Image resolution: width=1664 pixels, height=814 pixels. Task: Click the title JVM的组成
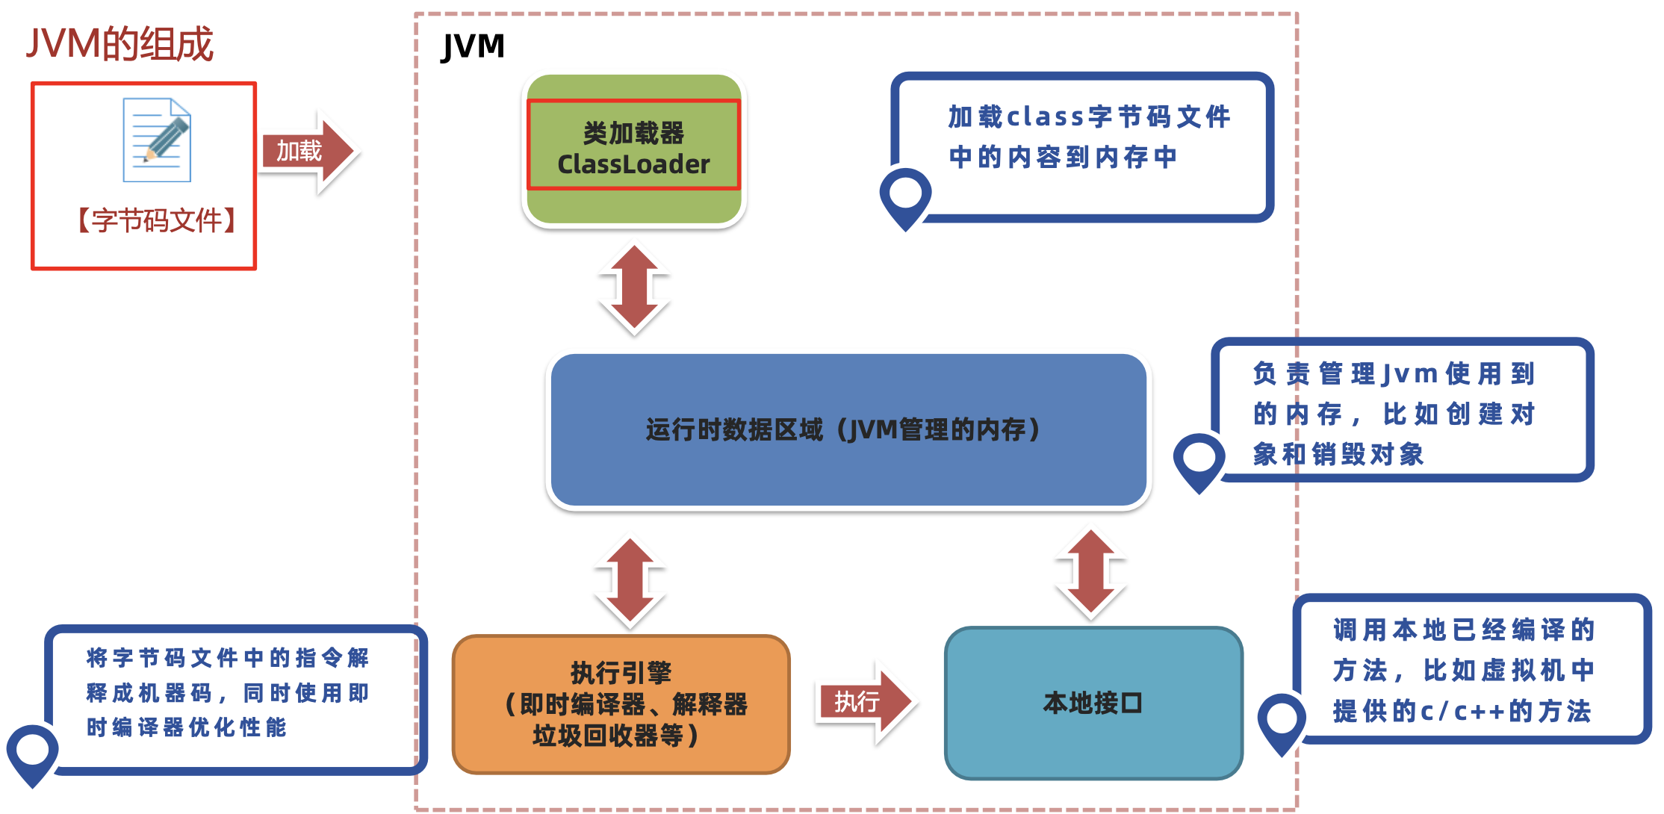[x=119, y=43]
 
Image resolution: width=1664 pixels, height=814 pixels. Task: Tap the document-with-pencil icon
[x=157, y=140]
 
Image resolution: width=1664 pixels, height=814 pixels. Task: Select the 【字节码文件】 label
[x=157, y=220]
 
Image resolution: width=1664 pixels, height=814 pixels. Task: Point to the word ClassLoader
[x=633, y=164]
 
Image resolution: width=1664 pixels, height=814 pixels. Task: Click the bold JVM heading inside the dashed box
[x=473, y=46]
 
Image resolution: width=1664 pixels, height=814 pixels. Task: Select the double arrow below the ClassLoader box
[x=634, y=289]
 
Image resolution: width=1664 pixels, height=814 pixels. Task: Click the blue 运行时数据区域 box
[x=848, y=430]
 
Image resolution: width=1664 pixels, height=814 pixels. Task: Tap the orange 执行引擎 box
[x=621, y=704]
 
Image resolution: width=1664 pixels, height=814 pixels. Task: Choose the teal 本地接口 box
[x=1093, y=703]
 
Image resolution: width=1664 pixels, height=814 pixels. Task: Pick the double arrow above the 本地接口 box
[x=1090, y=574]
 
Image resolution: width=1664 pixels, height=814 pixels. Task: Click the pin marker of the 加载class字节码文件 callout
[x=905, y=195]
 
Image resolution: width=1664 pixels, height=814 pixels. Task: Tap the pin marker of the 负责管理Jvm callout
[x=1199, y=459]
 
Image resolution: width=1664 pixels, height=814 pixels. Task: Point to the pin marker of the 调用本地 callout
[x=1282, y=720]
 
